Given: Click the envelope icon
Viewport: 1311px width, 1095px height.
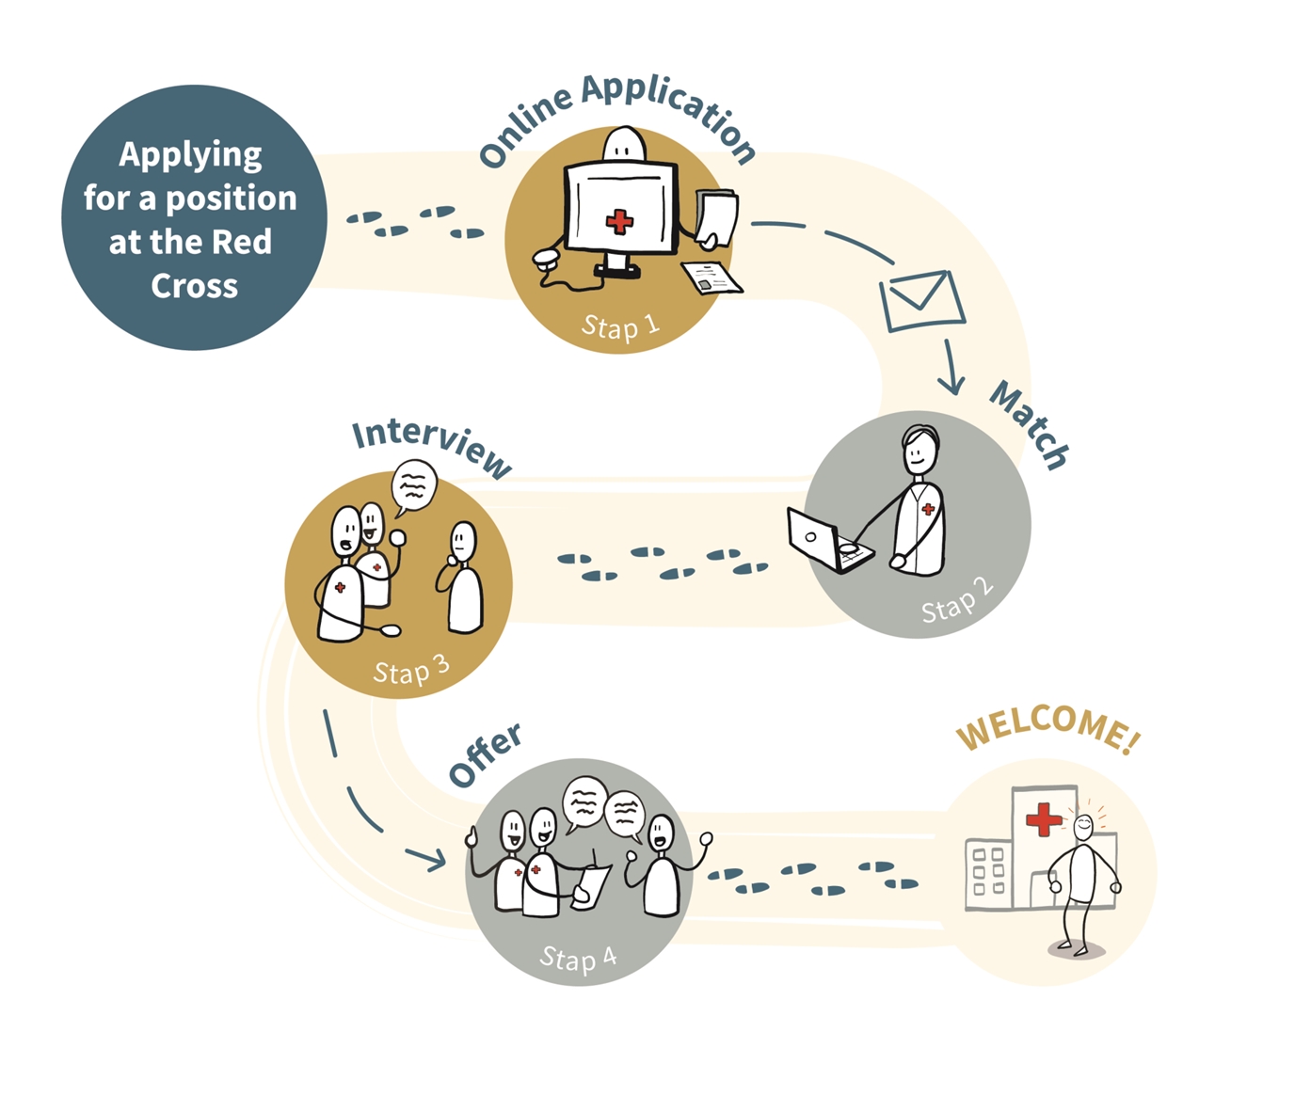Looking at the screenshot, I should tap(921, 300).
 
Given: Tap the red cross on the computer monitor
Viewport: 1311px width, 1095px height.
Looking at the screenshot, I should tap(619, 222).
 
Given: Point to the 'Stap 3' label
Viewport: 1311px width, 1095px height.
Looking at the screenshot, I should tap(411, 671).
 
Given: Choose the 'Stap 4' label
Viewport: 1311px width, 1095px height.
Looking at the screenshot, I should tap(578, 959).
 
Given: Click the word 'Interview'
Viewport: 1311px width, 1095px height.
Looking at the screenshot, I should tap(432, 446).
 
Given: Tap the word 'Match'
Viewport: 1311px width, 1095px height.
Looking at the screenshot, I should tap(1029, 424).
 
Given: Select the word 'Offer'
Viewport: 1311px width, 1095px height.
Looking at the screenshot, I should tap(485, 754).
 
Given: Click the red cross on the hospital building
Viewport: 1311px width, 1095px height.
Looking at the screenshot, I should tap(1043, 818).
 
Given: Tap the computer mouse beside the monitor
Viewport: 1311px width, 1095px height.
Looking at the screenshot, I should tap(547, 257).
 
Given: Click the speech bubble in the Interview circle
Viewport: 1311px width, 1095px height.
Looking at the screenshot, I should tap(414, 486).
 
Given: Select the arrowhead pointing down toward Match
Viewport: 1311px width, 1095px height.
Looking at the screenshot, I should tap(952, 386).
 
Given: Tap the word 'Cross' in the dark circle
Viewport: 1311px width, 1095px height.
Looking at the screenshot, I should tap(194, 286).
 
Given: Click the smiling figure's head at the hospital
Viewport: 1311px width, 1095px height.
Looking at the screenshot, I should tap(1083, 827).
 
